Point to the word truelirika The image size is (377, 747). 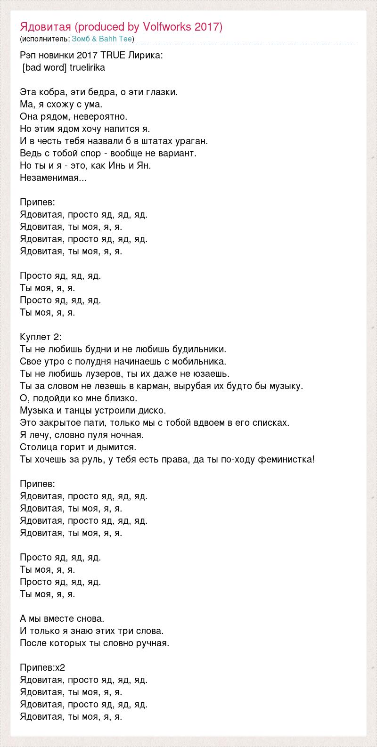point(87,67)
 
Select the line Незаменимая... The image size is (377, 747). point(53,178)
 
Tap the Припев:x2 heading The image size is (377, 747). point(42,667)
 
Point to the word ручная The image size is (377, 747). point(152,643)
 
